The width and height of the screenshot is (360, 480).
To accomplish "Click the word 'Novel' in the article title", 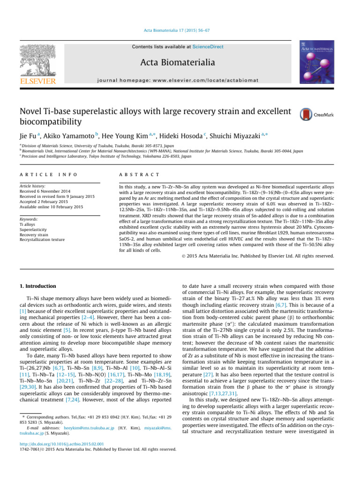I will tap(31, 112).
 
